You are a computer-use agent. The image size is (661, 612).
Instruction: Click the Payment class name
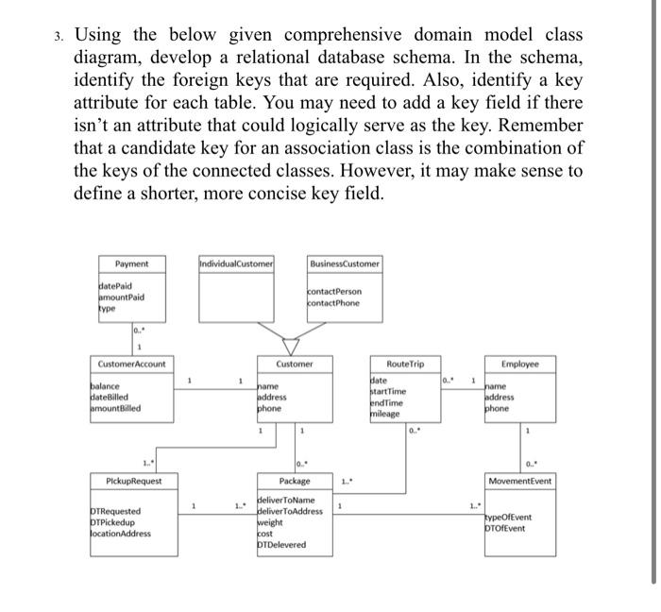[x=131, y=263]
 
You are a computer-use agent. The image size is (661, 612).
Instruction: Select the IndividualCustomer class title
[x=236, y=263]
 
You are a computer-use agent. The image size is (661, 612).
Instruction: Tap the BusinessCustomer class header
[x=345, y=263]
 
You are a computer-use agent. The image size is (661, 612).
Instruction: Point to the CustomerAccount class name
[x=131, y=364]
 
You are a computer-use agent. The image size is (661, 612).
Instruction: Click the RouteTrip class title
[x=405, y=364]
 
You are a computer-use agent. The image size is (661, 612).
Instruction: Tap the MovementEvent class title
[x=520, y=482]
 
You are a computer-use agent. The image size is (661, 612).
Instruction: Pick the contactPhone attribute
[x=335, y=302]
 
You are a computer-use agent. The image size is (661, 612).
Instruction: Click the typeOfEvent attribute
[x=508, y=517]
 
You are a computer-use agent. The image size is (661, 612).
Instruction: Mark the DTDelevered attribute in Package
[x=282, y=545]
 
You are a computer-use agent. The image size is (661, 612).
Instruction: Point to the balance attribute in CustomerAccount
[x=107, y=385]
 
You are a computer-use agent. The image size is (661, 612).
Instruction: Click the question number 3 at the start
[x=59, y=36]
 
